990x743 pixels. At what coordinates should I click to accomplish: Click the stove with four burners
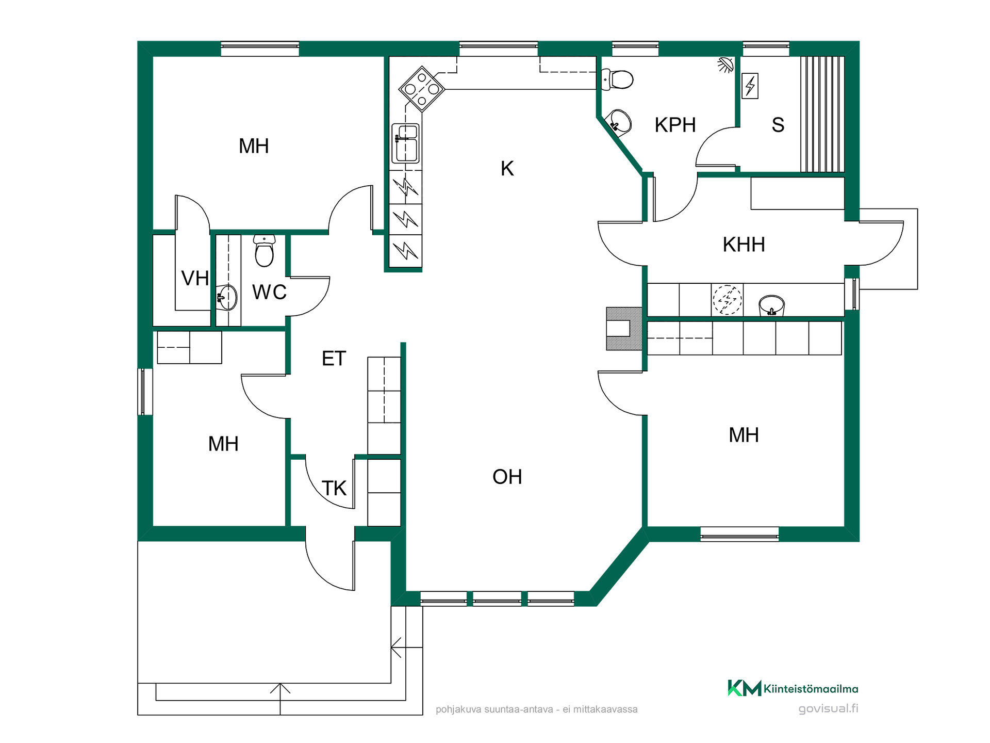422,89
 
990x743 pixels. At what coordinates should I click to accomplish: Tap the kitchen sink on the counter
406,143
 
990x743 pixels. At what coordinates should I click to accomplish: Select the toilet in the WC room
264,251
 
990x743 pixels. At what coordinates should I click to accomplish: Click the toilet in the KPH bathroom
617,80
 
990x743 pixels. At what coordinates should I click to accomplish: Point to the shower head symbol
725,64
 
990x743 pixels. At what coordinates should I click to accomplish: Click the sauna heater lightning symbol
750,86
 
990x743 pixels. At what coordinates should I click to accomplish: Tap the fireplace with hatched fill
624,329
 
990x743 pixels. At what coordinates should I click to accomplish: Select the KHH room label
744,245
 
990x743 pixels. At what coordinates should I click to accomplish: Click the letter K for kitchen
507,169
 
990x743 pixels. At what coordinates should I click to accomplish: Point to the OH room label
507,477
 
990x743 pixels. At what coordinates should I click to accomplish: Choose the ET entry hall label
334,359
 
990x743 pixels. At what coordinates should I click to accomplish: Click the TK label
334,488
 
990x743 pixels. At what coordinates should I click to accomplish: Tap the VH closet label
195,279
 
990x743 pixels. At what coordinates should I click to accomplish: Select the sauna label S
778,125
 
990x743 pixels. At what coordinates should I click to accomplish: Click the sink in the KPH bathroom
618,122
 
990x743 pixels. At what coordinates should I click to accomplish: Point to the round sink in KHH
771,305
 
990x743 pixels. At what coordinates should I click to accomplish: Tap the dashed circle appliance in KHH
727,299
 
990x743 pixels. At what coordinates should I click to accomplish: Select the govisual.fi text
829,709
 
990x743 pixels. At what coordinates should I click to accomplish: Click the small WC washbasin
227,298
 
